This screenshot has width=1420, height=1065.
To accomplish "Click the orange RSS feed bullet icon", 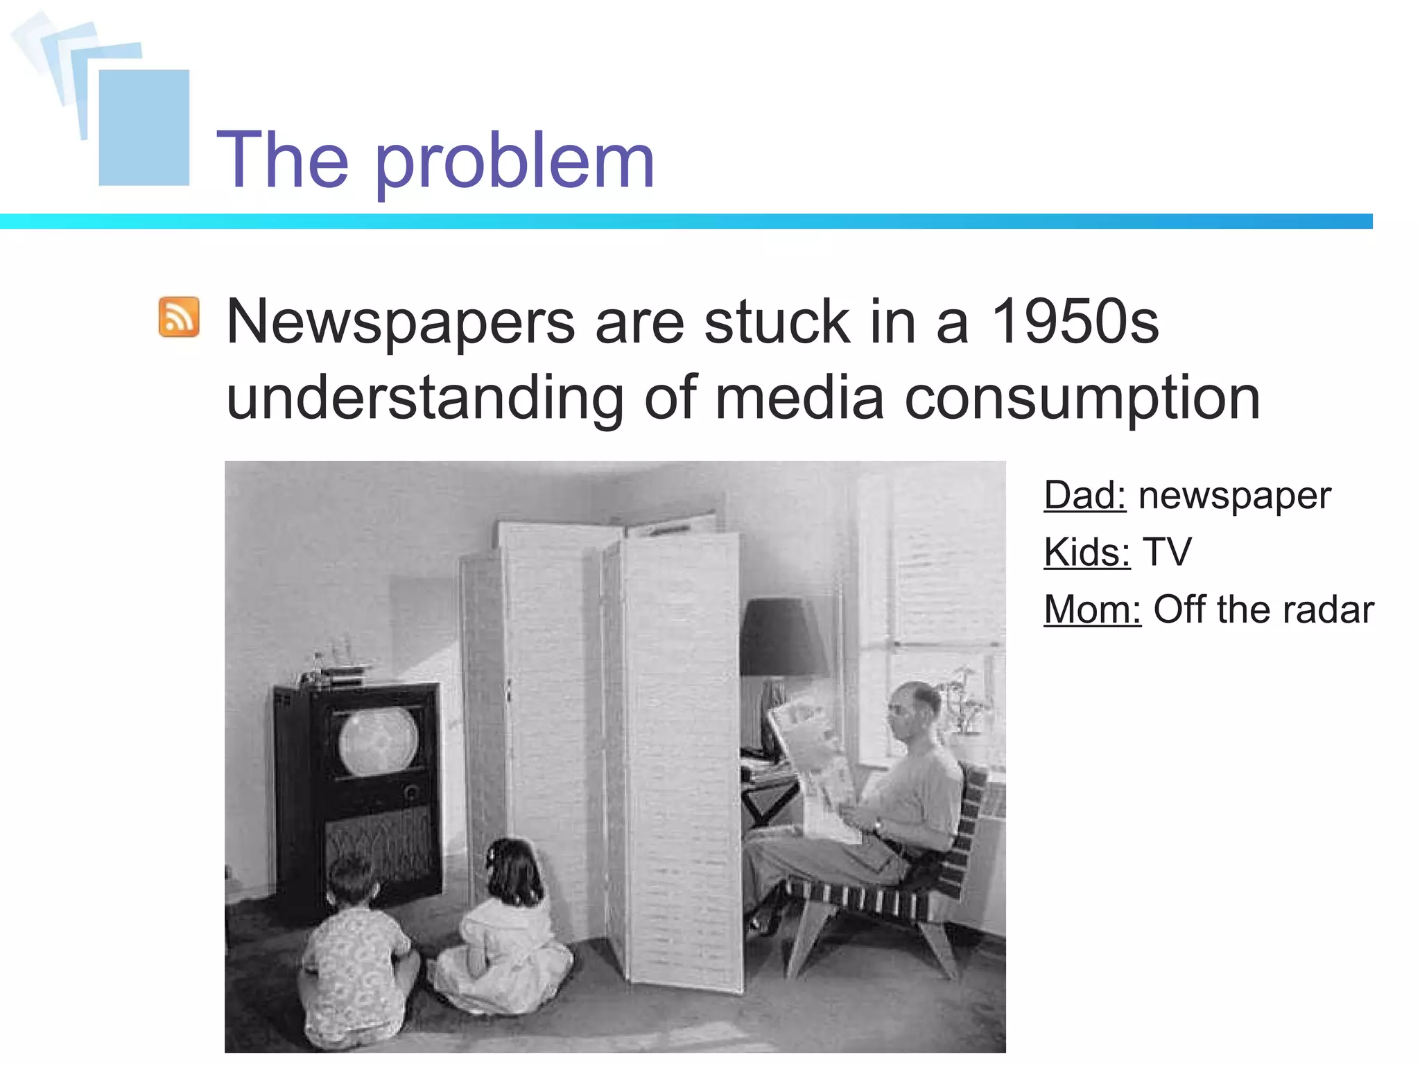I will tap(179, 318).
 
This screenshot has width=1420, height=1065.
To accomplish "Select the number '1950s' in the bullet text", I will tap(1075, 322).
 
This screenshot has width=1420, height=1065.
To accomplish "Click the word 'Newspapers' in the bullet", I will tap(401, 323).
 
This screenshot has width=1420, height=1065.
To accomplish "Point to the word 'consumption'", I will tap(1082, 399).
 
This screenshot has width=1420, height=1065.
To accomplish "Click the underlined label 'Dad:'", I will tap(1084, 496).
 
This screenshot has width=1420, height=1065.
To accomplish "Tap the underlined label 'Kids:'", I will tap(1086, 553).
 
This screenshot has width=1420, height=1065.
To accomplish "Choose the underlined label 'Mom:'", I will tap(1092, 610).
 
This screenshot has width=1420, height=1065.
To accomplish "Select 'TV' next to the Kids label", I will tap(1167, 553).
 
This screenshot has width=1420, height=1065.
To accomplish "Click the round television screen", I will tap(378, 740).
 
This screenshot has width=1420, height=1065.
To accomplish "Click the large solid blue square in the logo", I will tap(144, 128).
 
